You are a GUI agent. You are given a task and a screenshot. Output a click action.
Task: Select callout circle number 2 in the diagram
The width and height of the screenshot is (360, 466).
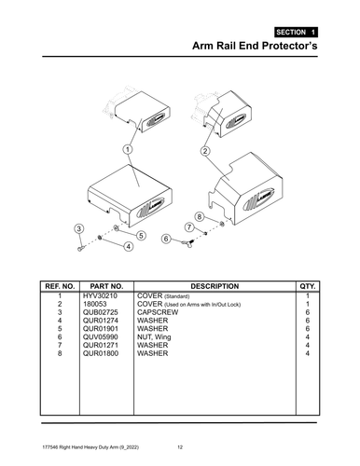coord(205,151)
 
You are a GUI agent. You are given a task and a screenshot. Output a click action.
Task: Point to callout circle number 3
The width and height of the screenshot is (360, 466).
coord(79,228)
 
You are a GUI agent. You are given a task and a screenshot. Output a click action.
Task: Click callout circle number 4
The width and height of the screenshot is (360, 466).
coord(127,245)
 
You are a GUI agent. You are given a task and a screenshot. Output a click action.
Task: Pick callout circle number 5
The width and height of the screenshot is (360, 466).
coord(140,235)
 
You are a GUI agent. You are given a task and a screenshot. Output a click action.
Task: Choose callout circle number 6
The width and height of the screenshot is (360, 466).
coord(166,239)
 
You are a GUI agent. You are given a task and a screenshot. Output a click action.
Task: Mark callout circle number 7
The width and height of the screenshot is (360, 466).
coord(189,226)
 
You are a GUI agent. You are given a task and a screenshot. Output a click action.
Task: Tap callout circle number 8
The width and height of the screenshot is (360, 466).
coord(199,215)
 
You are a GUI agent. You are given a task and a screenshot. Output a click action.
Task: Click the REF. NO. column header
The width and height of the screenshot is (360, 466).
coord(59,286)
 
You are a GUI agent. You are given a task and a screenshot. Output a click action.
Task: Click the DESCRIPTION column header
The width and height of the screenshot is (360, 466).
coord(214,286)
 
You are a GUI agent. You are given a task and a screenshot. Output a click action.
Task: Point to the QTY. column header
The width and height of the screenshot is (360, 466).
coord(307,286)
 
